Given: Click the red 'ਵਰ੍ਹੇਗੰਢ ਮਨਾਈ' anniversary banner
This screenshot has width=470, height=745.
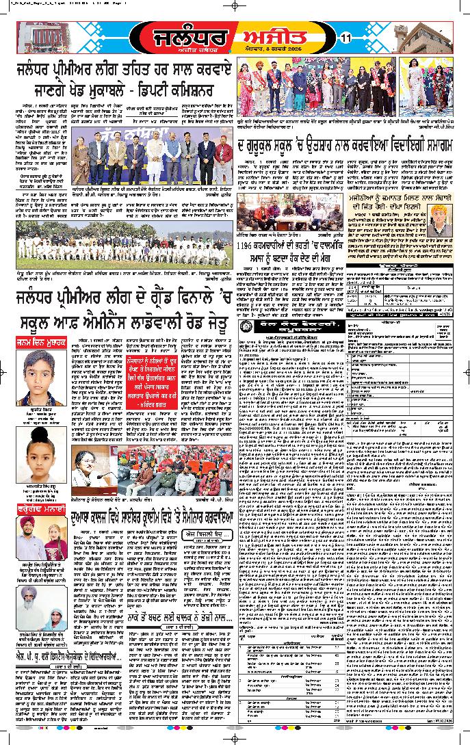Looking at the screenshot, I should pos(42,508).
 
